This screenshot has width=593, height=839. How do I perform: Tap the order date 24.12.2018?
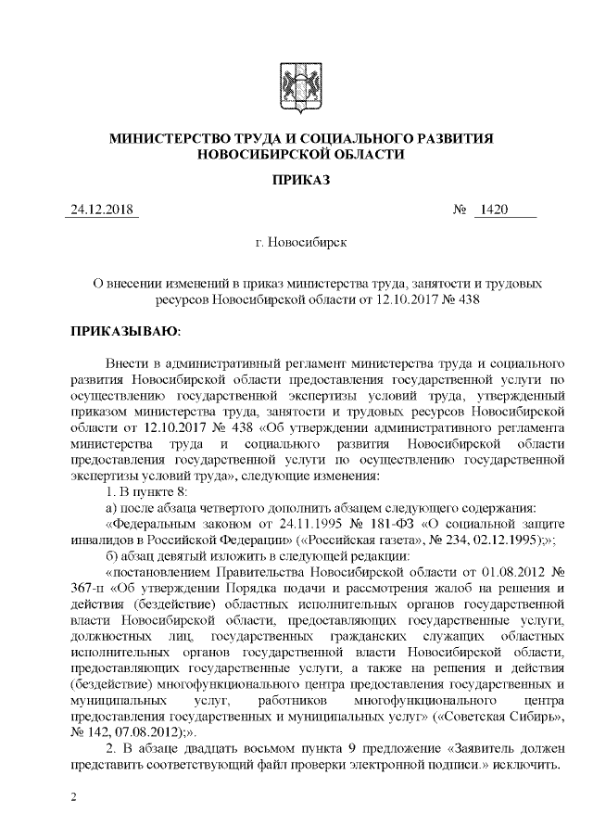(103, 211)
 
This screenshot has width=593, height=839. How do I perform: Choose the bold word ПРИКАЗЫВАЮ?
(125, 330)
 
